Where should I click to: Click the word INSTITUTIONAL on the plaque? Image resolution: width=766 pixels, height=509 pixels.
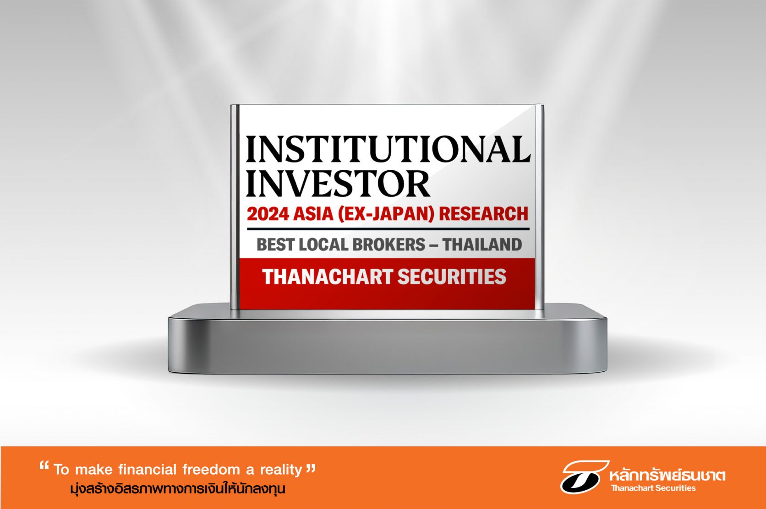point(388,149)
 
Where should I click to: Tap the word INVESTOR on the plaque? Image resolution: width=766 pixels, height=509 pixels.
point(338,184)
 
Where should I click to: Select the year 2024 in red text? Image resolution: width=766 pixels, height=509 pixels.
point(268,214)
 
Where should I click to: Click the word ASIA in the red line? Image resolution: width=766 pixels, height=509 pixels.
point(313,214)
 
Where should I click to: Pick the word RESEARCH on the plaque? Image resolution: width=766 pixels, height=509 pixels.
point(483,214)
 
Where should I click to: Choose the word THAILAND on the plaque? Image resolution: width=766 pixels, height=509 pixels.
point(482,244)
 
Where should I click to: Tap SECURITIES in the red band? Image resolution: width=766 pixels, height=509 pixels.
point(452,277)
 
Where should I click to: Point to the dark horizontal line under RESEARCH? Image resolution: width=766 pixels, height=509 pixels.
point(388,228)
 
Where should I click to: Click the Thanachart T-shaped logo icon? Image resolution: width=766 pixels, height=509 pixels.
point(584,477)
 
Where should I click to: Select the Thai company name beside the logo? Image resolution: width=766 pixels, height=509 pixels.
point(667,475)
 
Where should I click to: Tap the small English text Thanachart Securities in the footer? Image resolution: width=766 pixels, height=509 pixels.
point(653,488)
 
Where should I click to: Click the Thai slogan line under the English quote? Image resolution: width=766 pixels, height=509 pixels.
point(177,489)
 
